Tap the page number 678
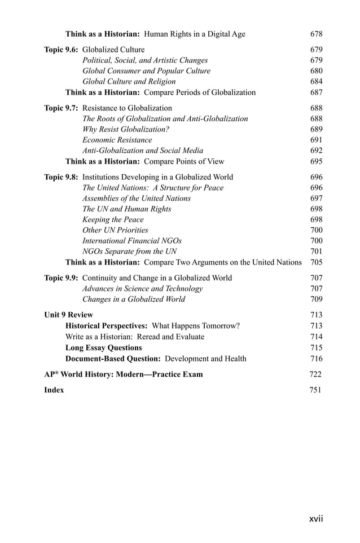click(316, 34)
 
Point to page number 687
click(316, 92)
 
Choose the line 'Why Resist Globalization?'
click(126, 129)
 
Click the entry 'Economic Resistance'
click(117, 140)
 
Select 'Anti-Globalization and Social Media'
click(143, 151)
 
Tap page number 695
click(316, 161)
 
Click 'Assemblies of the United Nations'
click(137, 198)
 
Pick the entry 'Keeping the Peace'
click(113, 219)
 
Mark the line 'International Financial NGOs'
click(132, 241)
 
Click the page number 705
click(316, 262)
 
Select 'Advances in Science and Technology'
click(142, 289)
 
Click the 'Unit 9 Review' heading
click(68, 315)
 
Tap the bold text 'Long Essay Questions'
click(104, 347)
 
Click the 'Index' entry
click(54, 390)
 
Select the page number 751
click(315, 390)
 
